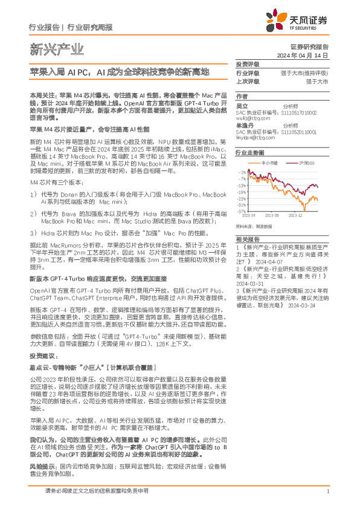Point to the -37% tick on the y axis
(x=242, y=212)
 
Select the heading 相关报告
(x=247, y=240)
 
